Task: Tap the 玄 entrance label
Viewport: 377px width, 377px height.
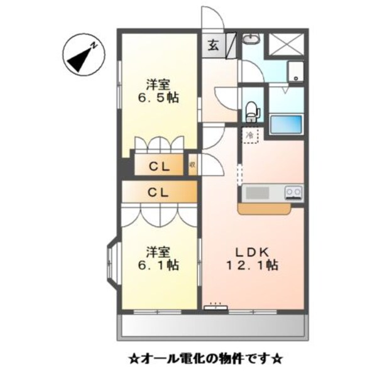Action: pos(213,46)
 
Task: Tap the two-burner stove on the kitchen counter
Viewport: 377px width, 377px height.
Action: pos(293,191)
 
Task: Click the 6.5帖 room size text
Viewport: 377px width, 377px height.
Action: pos(158,98)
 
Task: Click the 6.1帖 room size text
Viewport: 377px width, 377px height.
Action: pos(158,265)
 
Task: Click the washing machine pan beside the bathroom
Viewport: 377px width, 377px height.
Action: pos(295,72)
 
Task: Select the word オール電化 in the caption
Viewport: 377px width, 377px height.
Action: pos(171,360)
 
